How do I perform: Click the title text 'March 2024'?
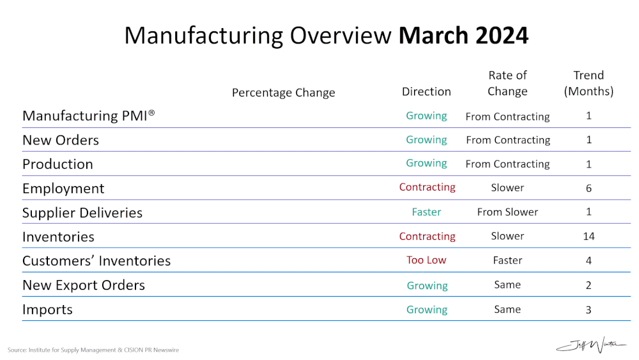click(463, 35)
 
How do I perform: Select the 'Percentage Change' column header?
click(283, 93)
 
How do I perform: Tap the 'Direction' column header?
click(426, 91)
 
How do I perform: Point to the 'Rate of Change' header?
click(507, 83)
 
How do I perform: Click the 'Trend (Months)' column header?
click(589, 83)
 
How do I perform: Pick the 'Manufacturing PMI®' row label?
click(89, 116)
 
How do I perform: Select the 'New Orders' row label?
click(61, 140)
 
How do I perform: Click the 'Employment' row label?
click(63, 189)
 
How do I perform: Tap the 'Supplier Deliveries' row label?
click(82, 213)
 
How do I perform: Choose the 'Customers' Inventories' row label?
click(96, 261)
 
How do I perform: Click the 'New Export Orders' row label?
click(84, 285)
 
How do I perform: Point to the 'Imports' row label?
click(47, 309)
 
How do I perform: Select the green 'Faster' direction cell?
click(426, 212)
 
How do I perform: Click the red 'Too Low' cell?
click(426, 260)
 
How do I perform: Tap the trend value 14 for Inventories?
click(589, 237)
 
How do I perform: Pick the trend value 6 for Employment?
click(589, 189)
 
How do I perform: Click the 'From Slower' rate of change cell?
click(507, 212)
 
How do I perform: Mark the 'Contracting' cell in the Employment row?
click(427, 187)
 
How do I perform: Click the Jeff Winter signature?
click(591, 345)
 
